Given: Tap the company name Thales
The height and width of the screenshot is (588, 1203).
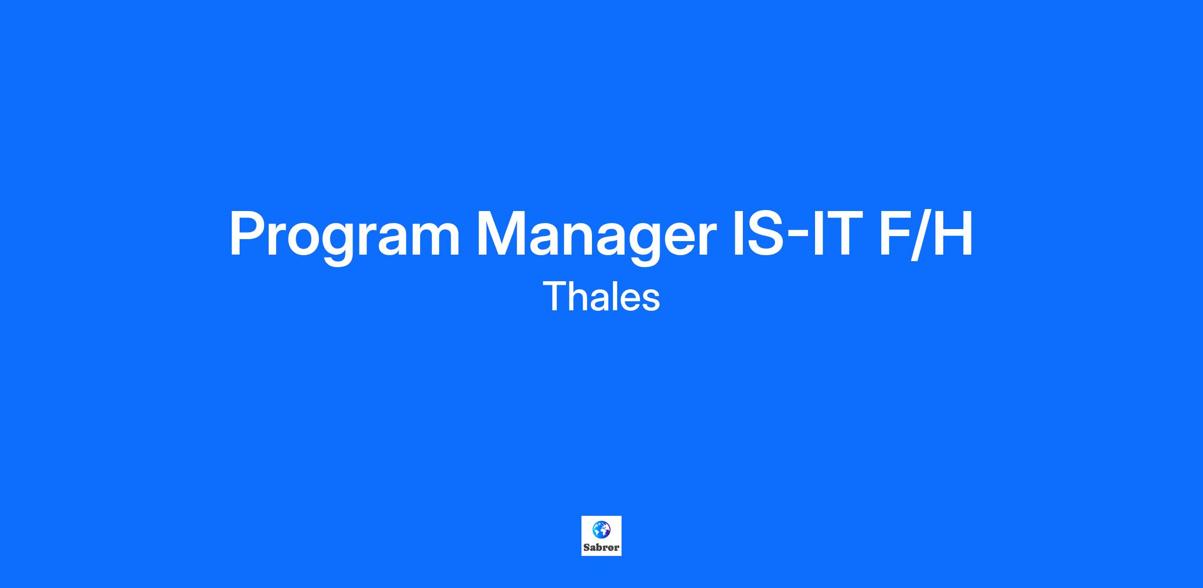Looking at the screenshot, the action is coord(601,296).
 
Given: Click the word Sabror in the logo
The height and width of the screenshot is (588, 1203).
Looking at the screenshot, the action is coord(601,548).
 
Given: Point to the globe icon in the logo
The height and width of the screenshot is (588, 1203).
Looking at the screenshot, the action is coord(601,529).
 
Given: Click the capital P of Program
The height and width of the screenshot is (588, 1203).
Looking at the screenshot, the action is coord(249,233).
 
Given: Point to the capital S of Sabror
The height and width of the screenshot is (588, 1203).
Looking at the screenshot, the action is coord(586,548).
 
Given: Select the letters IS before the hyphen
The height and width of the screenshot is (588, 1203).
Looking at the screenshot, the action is coord(757,233).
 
